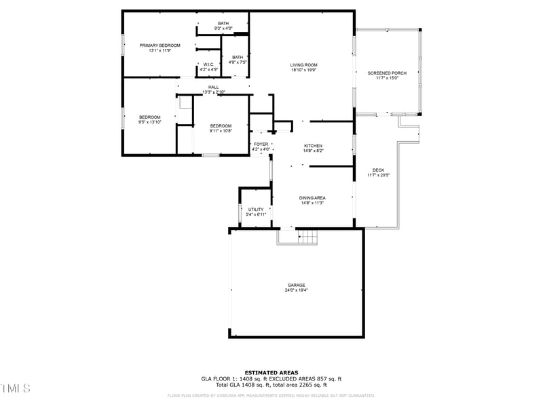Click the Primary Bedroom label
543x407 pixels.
(x=160, y=45)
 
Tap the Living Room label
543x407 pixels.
(x=303, y=65)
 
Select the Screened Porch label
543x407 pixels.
(x=387, y=73)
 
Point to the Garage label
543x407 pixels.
(x=295, y=285)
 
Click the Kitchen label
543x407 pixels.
(x=313, y=146)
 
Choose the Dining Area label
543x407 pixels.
(x=313, y=197)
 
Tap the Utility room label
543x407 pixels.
(x=256, y=210)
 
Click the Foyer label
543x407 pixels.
(x=261, y=144)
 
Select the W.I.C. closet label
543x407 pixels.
(x=208, y=64)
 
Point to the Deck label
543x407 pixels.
(x=378, y=170)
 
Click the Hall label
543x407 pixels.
(x=213, y=87)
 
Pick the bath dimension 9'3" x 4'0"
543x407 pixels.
(x=223, y=28)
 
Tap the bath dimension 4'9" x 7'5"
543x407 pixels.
(x=237, y=62)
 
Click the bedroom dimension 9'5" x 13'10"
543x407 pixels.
(x=149, y=122)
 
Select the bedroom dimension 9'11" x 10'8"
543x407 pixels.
(x=221, y=131)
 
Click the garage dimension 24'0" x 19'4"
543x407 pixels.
(x=295, y=290)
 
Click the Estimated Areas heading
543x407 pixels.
(x=271, y=372)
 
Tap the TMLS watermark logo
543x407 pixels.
(x=15, y=388)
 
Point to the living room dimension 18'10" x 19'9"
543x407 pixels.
(x=303, y=70)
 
